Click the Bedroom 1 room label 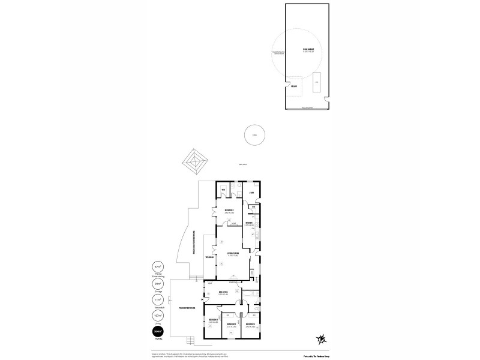point(229,211)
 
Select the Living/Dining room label point(233,255)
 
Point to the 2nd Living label point(223,293)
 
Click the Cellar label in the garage point(294,86)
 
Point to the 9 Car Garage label point(308,50)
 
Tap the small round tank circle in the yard point(254,136)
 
